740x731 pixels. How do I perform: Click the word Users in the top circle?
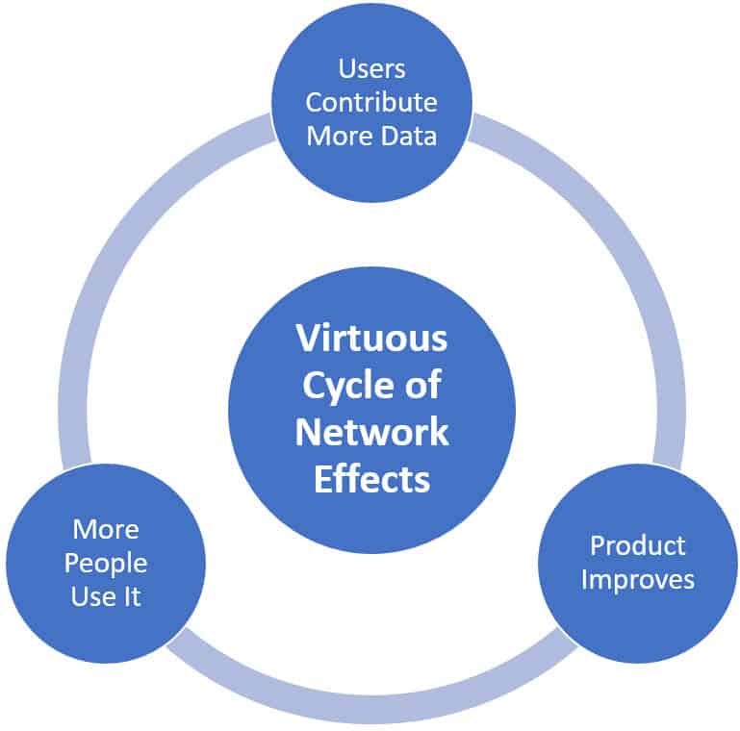(371, 68)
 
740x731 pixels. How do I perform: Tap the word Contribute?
(371, 102)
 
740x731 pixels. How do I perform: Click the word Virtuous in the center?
(371, 339)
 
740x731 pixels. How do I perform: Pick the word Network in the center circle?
(371, 432)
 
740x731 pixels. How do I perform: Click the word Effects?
(371, 478)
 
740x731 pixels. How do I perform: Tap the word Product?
(638, 546)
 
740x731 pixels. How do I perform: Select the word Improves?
(638, 580)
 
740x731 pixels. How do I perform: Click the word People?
(106, 563)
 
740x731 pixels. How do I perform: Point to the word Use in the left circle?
(90, 596)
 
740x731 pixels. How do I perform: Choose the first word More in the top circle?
(335, 135)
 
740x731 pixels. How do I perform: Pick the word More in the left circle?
(106, 529)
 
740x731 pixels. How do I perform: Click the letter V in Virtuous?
(306, 339)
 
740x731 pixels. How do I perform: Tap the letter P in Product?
(598, 546)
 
